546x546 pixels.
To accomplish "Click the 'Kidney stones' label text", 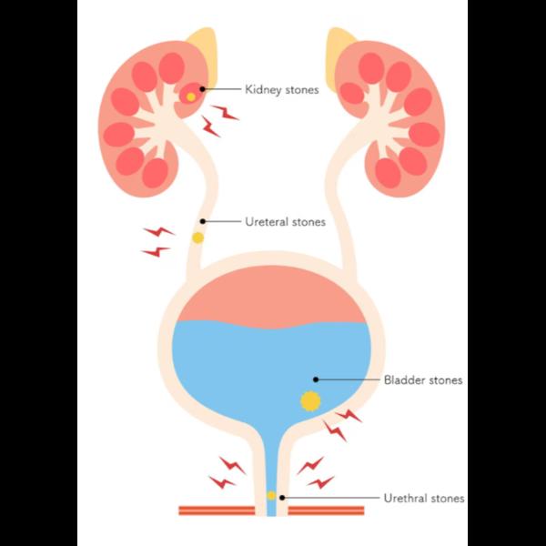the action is pos(282,90).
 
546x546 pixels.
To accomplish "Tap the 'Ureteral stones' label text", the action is pos(285,222).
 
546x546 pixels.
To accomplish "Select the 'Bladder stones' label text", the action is pos(423,379).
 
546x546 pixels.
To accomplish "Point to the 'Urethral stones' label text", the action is pos(424,499).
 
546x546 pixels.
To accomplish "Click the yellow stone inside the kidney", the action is pos(191,96).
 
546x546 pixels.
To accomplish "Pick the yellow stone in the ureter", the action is pos(197,238).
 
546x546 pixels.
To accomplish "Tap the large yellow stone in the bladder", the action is pos(310,400).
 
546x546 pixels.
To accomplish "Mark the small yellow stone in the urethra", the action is pos(271,496).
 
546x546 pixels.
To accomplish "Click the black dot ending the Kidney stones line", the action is pos(202,89).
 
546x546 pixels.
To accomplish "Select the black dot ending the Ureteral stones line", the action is pos(202,221).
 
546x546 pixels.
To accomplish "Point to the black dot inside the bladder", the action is pos(316,379).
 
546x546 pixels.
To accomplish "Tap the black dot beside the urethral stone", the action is pos(282,498).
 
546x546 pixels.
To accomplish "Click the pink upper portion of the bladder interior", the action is pos(272,296).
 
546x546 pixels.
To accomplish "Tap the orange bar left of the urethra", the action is pos(217,511).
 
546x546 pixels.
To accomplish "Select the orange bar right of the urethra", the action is pos(327,511).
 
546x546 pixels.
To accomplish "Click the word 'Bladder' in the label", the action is pos(404,379).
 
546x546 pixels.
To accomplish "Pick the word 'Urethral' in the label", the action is pos(405,498).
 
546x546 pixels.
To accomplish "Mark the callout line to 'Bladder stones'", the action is pos(348,379).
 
